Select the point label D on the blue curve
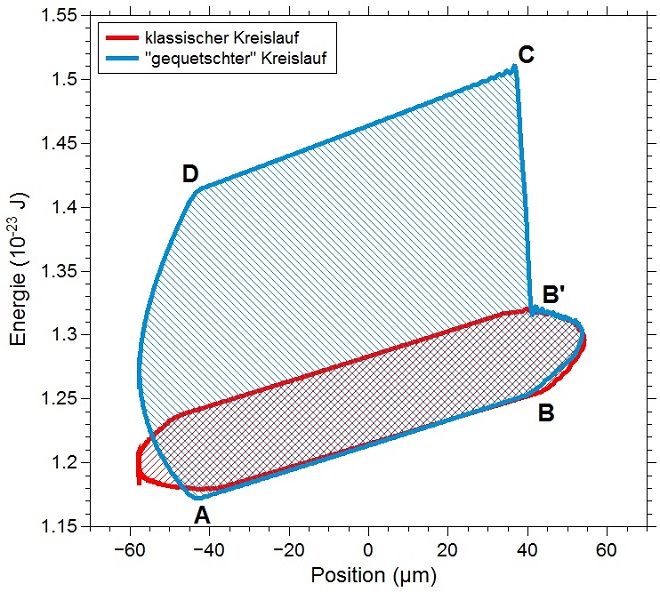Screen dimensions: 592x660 pyautogui.click(x=190, y=174)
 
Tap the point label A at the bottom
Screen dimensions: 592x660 pyautogui.click(x=203, y=515)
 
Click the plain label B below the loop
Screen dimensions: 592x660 pyautogui.click(x=546, y=411)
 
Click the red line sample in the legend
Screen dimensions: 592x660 pyautogui.click(x=122, y=38)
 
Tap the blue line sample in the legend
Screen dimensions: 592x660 pyautogui.click(x=122, y=59)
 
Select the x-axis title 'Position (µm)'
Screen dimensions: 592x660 pyautogui.click(x=367, y=575)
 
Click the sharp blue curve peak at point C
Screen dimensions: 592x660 pyautogui.click(x=514, y=67)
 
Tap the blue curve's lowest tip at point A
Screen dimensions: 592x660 pyautogui.click(x=197, y=497)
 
